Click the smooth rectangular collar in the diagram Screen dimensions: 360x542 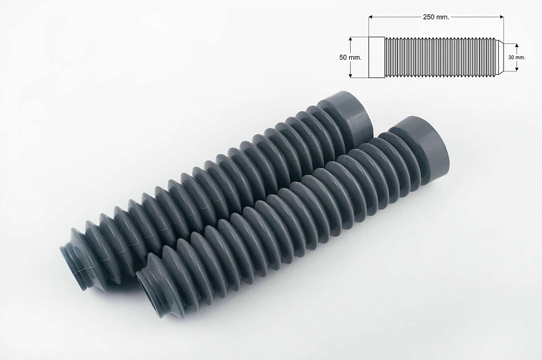pyautogui.click(x=376, y=57)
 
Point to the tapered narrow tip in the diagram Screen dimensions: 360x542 pyautogui.click(x=501, y=57)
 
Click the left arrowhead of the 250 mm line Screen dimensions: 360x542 pyautogui.click(x=370, y=17)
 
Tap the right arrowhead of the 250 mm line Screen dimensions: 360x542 pyautogui.click(x=502, y=17)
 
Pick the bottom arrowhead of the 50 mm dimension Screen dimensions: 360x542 pyautogui.click(x=351, y=75)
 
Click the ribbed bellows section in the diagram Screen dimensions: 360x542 pyautogui.click(x=439, y=57)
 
